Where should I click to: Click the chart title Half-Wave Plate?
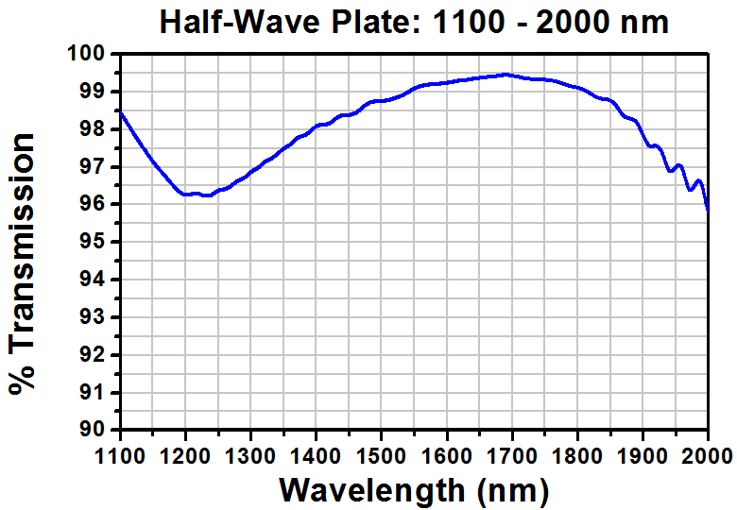click(x=414, y=22)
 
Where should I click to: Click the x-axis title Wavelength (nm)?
click(x=414, y=490)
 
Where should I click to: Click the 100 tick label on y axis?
click(x=91, y=55)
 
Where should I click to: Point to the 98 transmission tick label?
click(x=96, y=129)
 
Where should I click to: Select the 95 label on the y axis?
click(x=96, y=242)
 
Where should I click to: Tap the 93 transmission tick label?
click(x=96, y=317)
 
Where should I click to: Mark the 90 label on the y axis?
click(x=96, y=430)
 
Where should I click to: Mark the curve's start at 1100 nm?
click(x=121, y=112)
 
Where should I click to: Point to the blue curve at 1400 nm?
click(x=317, y=126)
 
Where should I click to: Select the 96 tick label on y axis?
click(x=96, y=205)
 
